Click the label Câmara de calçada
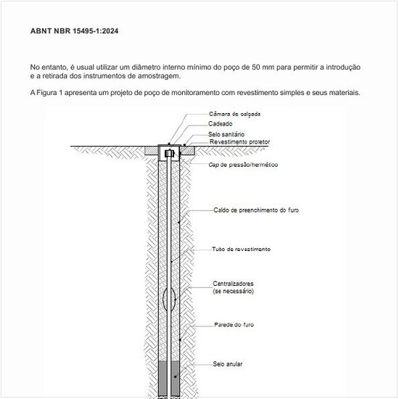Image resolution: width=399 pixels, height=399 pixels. coord(234,115)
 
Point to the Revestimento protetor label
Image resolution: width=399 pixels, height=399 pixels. coord(239,142)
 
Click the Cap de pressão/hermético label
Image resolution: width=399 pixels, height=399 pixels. coord(243,165)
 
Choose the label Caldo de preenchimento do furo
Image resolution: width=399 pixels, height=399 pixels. coord(256,210)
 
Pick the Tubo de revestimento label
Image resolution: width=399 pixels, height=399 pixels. coord(241,249)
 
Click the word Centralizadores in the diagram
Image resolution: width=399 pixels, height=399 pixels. coord(233,283)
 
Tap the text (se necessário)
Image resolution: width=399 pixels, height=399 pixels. coord(233,291)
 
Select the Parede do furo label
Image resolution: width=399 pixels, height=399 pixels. coord(234,324)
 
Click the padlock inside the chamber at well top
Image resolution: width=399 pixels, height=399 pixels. coord(169,154)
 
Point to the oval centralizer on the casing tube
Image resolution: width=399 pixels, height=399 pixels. coord(168,297)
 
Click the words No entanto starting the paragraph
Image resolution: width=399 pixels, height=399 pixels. coord(47,67)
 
